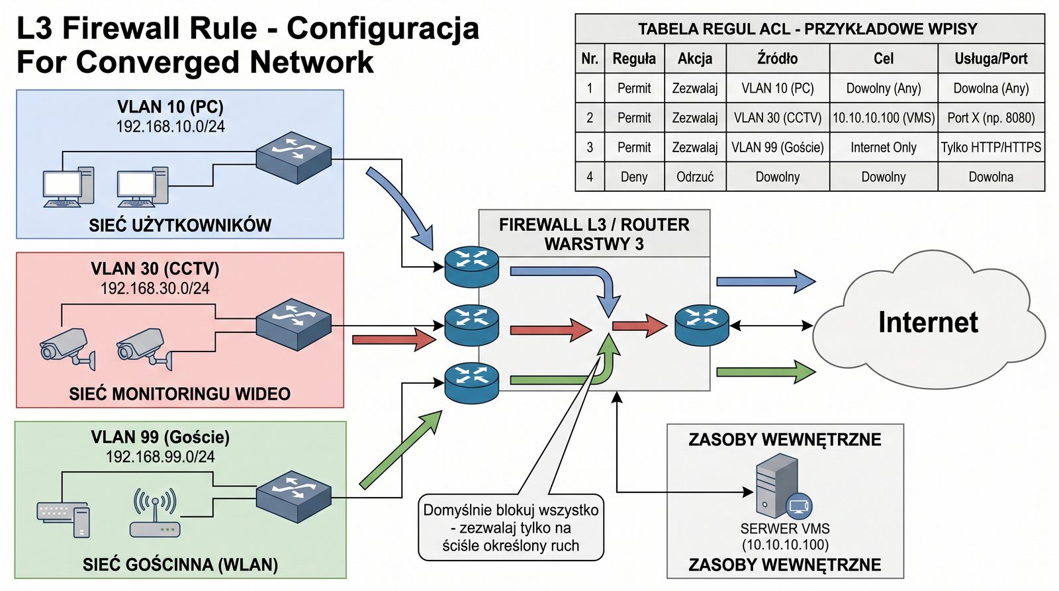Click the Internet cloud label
click(928, 322)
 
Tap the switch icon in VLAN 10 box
click(293, 158)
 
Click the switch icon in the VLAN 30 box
click(293, 324)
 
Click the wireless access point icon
click(155, 513)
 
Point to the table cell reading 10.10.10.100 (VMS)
click(884, 118)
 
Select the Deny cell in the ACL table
click(634, 177)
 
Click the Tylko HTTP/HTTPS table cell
click(991, 148)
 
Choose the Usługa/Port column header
click(991, 59)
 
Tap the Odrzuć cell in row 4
click(695, 177)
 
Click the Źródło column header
click(778, 59)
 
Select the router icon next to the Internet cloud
click(702, 325)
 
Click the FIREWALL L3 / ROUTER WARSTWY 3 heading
click(594, 234)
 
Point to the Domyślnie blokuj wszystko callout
click(511, 528)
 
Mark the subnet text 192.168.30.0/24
click(155, 289)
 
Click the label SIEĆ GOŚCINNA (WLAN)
click(180, 565)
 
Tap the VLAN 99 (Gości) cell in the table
click(778, 148)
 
